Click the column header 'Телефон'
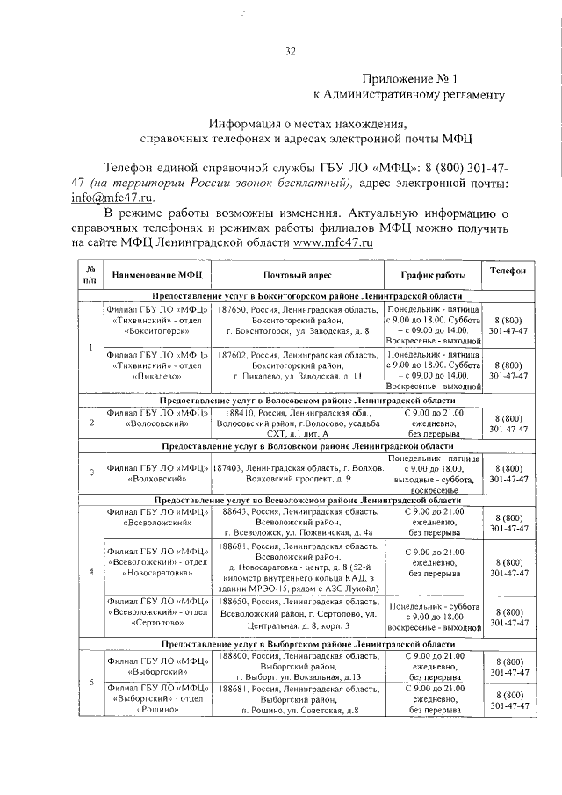tap(508, 272)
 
